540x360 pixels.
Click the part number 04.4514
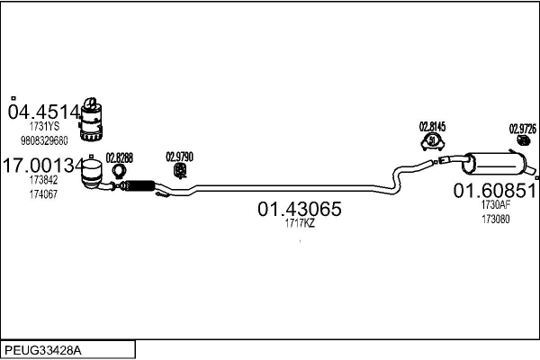tap(42, 112)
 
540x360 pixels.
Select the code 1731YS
tap(42, 128)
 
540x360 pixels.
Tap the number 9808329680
tap(44, 140)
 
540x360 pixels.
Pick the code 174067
tap(42, 194)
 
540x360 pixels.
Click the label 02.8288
tap(119, 157)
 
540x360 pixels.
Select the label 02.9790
tap(180, 156)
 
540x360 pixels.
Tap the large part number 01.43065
tap(300, 209)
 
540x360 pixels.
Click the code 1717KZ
tap(300, 224)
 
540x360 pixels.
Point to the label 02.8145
tap(433, 127)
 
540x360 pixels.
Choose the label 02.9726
tap(522, 128)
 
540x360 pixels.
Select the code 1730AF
tap(495, 204)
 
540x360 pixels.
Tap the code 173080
tap(495, 218)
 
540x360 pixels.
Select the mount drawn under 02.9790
tap(181, 169)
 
